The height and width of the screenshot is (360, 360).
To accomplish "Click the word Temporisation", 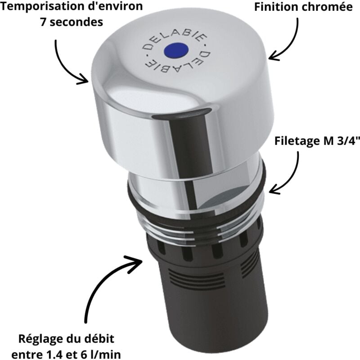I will pyautogui.click(x=43, y=7).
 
